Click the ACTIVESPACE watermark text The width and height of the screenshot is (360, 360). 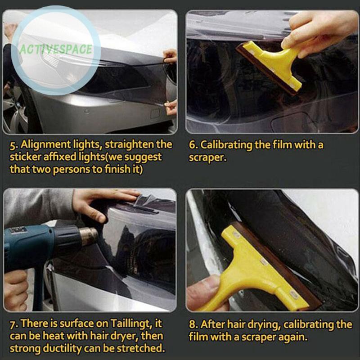[55, 49]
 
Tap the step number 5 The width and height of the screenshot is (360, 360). [13, 145]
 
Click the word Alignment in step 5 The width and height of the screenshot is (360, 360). [46, 145]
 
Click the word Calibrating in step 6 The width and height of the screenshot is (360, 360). [226, 145]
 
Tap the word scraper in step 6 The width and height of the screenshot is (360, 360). [207, 157]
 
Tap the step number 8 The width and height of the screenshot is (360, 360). [193, 324]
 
